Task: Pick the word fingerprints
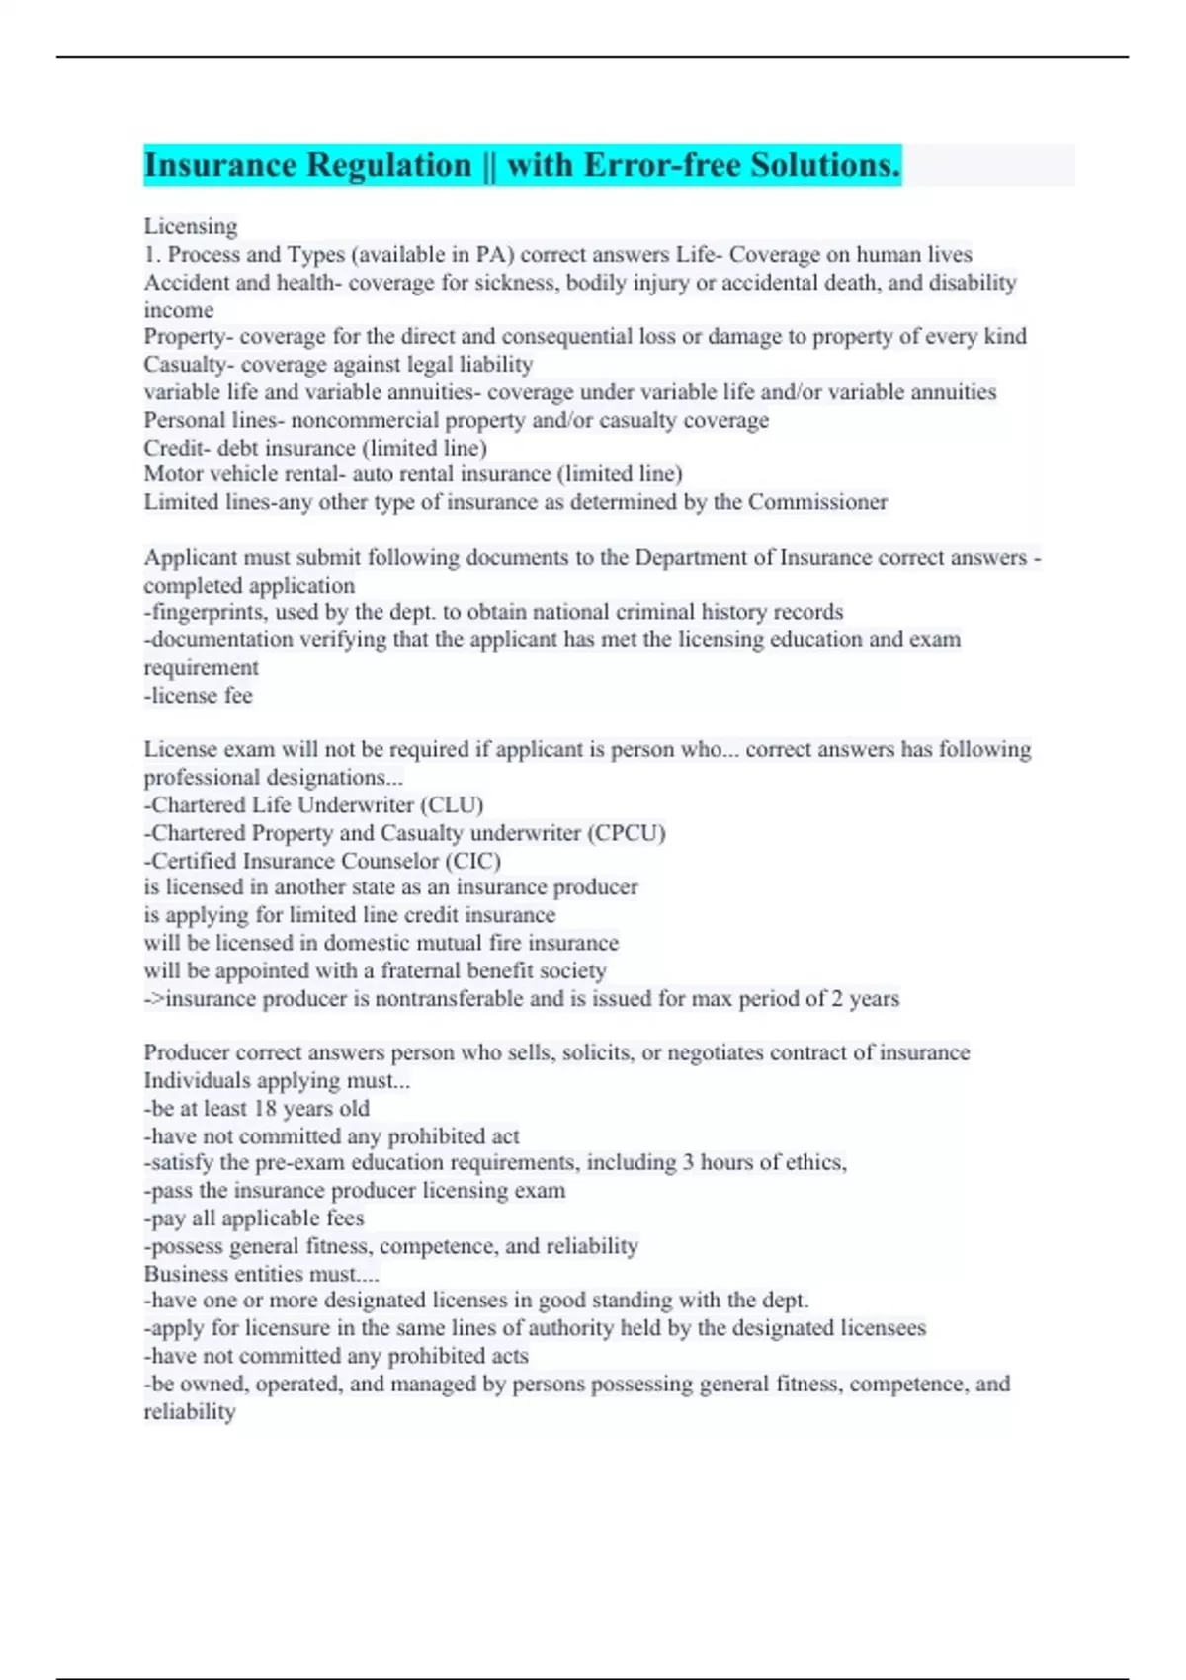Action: (x=206, y=612)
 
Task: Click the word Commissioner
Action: (x=817, y=502)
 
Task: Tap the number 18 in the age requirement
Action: (x=265, y=1109)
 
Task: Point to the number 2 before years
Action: (x=837, y=998)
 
